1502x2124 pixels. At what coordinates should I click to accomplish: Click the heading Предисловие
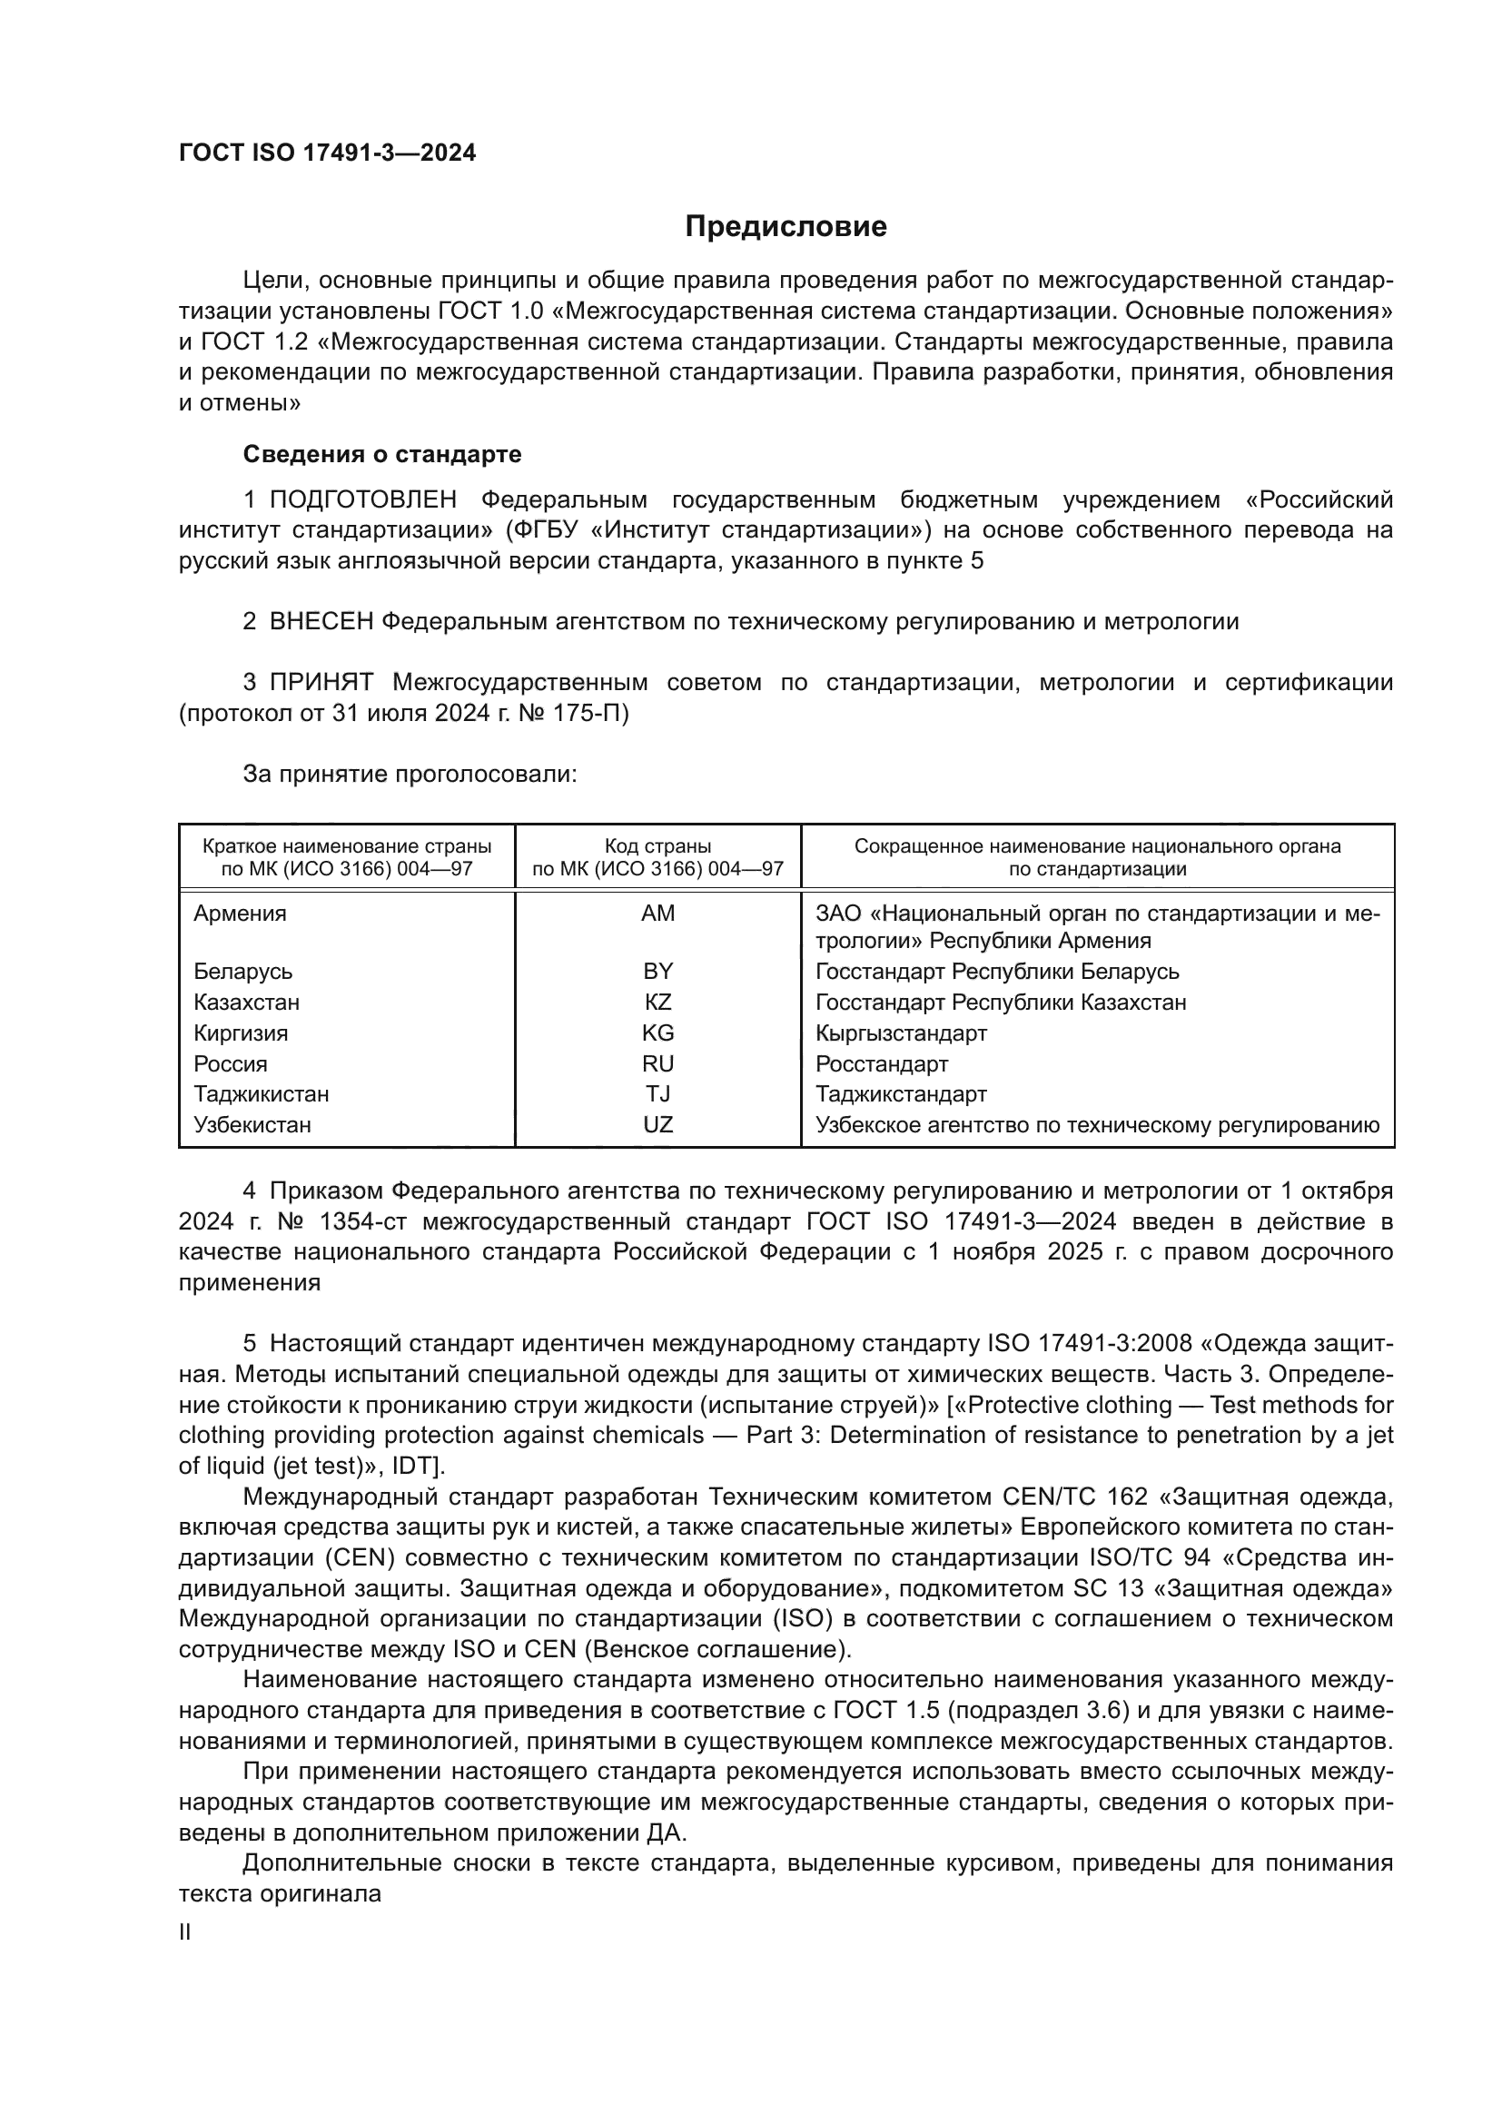pyautogui.click(x=786, y=227)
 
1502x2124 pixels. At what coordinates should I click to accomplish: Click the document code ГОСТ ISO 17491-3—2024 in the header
pyautogui.click(x=328, y=153)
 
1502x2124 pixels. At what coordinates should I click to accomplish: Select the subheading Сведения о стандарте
pyautogui.click(x=381, y=454)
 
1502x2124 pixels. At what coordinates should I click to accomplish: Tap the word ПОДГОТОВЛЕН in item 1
pyautogui.click(x=362, y=500)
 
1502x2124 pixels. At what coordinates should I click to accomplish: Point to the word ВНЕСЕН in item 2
pyautogui.click(x=321, y=622)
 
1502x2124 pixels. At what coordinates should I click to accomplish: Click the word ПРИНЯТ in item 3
pyautogui.click(x=321, y=683)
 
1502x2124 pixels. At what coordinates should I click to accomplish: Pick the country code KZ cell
pyautogui.click(x=657, y=1002)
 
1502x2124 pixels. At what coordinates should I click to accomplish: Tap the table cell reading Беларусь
pyautogui.click(x=242, y=972)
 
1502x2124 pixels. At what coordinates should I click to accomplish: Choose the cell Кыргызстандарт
pyautogui.click(x=901, y=1032)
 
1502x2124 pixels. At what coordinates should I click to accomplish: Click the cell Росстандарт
pyautogui.click(x=882, y=1064)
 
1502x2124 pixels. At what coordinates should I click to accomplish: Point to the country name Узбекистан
pyautogui.click(x=252, y=1125)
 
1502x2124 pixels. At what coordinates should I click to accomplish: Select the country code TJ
pyautogui.click(x=657, y=1094)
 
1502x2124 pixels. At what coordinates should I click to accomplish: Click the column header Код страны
pyautogui.click(x=657, y=846)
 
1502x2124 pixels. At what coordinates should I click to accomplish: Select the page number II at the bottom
pyautogui.click(x=185, y=1931)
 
